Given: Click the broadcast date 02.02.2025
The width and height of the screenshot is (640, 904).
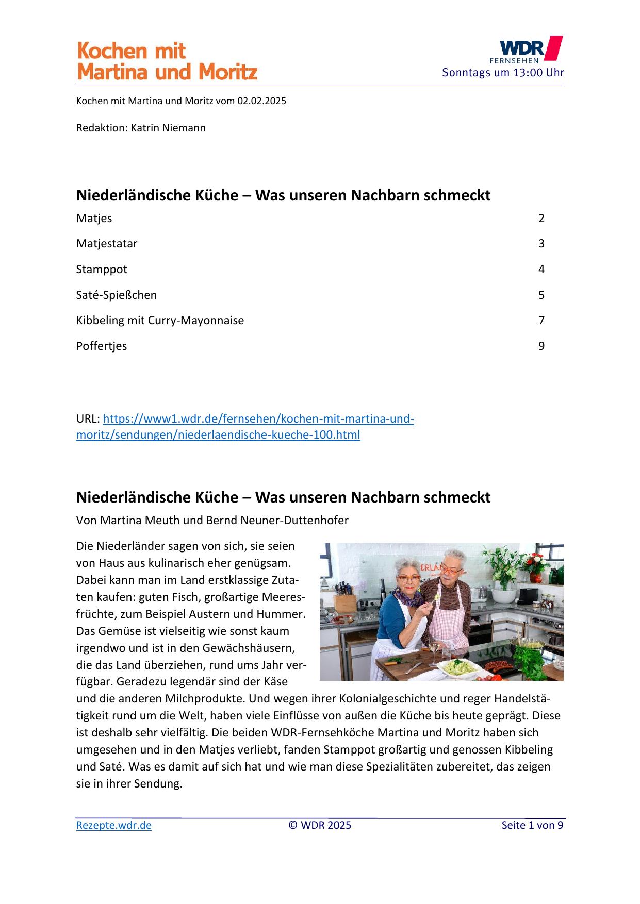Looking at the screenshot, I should (261, 101).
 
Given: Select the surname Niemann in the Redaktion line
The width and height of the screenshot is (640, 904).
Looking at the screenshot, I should (184, 128).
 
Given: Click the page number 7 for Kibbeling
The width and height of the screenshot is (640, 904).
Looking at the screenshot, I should (541, 320).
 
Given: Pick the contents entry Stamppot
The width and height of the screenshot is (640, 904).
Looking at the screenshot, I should (102, 269).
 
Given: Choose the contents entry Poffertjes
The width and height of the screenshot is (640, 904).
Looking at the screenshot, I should (102, 346).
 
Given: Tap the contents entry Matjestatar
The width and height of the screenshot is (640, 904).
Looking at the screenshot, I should (107, 243).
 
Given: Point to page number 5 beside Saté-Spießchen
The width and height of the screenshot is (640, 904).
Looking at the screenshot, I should (541, 295).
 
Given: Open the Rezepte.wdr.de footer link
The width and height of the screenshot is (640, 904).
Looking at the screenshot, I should (114, 825).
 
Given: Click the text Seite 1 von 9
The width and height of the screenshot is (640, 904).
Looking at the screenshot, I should (532, 825).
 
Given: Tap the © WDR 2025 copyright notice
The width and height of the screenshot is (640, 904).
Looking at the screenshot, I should (320, 825).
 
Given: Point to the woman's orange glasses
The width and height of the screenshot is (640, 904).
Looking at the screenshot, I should (408, 579).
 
